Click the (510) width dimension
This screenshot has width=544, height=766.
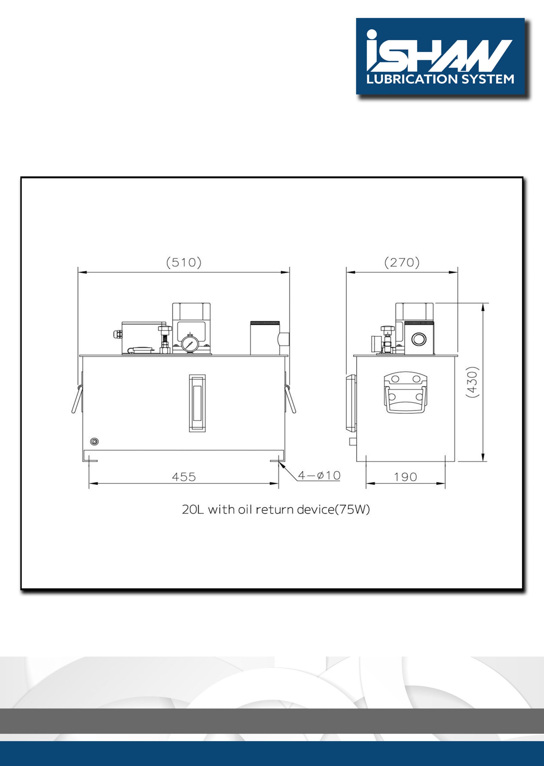(184, 262)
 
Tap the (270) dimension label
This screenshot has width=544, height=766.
(401, 262)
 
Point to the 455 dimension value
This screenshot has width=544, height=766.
(184, 477)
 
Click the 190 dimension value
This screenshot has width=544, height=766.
(405, 477)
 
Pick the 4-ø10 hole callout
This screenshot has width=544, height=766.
(319, 475)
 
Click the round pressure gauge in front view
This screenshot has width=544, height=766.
(190, 344)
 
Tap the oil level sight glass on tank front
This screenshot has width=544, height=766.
(197, 403)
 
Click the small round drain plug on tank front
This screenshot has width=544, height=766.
(95, 442)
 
